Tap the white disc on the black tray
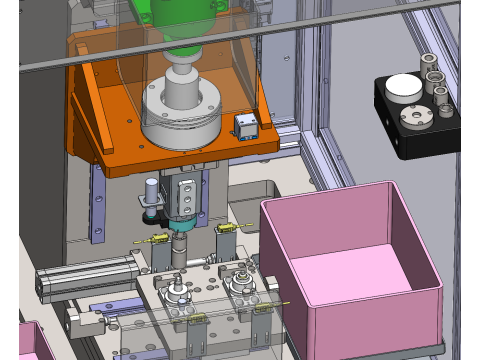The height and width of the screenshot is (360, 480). pyautogui.click(x=403, y=87)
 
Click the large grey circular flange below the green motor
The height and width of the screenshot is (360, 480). pyautogui.click(x=181, y=115)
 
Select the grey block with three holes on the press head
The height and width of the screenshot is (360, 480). pyautogui.click(x=185, y=194)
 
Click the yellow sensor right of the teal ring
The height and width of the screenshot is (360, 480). pyautogui.click(x=226, y=231)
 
